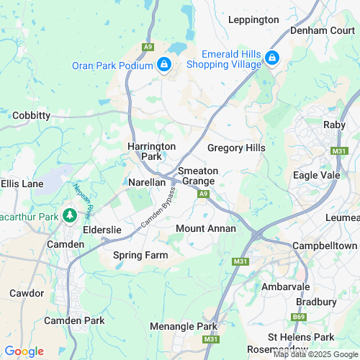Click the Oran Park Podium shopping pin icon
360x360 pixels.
164,66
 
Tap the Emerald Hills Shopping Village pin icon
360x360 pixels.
272,58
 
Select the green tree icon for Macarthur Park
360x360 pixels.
70,215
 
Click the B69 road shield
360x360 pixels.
299,316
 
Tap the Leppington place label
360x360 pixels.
253,19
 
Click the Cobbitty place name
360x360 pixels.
31,115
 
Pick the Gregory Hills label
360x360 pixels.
236,148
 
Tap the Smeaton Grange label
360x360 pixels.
197,176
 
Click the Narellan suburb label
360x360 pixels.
147,182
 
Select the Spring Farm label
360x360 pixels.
140,256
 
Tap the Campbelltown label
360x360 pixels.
324,246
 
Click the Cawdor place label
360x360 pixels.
27,293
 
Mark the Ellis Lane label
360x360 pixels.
22,184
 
